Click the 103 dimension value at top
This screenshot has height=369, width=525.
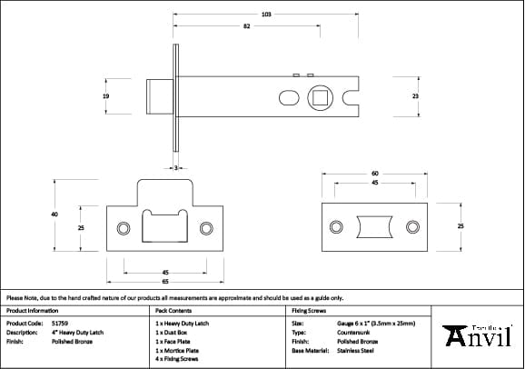(x=266, y=15)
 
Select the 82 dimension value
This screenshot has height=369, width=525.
(x=246, y=27)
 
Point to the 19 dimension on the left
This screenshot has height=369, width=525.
(x=106, y=95)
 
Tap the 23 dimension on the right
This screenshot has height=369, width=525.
(x=415, y=95)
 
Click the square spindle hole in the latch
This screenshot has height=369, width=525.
(x=320, y=95)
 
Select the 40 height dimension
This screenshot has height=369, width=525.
(x=54, y=214)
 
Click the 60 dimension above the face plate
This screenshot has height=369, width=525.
(x=374, y=173)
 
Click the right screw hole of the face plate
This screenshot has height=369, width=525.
(x=412, y=226)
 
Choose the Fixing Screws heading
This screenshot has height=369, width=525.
(x=308, y=310)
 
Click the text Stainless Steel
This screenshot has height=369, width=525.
(x=355, y=350)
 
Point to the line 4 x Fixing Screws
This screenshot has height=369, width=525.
(x=180, y=359)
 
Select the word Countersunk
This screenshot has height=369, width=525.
(x=352, y=332)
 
